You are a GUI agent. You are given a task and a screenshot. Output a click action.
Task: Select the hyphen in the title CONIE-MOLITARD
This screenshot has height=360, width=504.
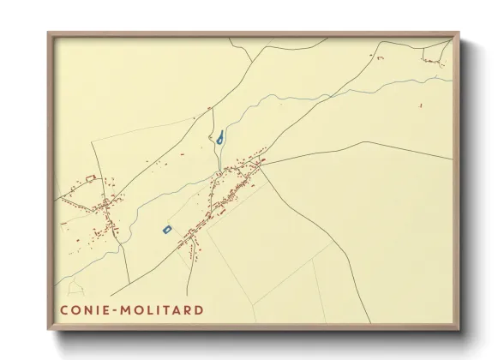tap(117, 309)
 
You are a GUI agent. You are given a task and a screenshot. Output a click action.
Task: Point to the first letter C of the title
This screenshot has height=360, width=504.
tap(64, 309)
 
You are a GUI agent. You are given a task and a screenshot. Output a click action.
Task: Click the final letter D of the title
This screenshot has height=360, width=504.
tap(199, 309)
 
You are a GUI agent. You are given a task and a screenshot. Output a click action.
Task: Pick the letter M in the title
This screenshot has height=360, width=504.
tap(129, 309)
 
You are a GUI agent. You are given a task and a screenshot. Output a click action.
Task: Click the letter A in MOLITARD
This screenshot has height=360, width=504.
tap(178, 309)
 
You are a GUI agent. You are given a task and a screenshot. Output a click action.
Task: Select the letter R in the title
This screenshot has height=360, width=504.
tap(189, 309)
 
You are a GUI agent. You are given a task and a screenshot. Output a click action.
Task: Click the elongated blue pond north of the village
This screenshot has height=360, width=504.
tap(221, 136)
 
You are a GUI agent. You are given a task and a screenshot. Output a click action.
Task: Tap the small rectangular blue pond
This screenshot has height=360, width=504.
tap(167, 229)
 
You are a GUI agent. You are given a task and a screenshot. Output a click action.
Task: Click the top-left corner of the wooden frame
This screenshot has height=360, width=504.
tap(49, 33)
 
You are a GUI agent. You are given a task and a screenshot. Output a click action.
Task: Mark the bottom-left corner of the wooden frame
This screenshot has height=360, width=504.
tap(49, 330)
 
